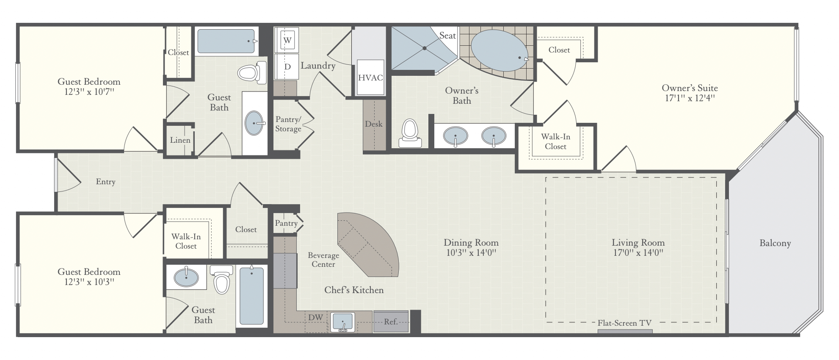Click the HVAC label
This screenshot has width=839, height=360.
click(370, 78)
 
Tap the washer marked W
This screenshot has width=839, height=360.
click(287, 41)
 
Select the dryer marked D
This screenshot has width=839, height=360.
click(287, 66)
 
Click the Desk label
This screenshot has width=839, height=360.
click(374, 124)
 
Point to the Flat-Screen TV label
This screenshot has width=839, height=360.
click(624, 323)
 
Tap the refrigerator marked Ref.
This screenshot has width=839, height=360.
click(391, 322)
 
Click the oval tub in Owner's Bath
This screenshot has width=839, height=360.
click(500, 51)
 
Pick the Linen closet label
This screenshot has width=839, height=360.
click(180, 140)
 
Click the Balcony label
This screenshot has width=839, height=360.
click(775, 243)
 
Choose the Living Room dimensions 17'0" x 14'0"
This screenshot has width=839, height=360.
click(638, 253)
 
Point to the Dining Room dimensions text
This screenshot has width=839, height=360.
click(471, 253)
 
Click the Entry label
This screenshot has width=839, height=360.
click(105, 182)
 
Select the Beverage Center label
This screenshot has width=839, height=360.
click(323, 260)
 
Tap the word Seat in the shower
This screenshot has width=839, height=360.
click(447, 36)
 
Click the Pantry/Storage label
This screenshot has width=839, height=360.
click(288, 124)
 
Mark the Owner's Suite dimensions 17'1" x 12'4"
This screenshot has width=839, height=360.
click(690, 98)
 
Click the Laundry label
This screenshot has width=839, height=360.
click(318, 66)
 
